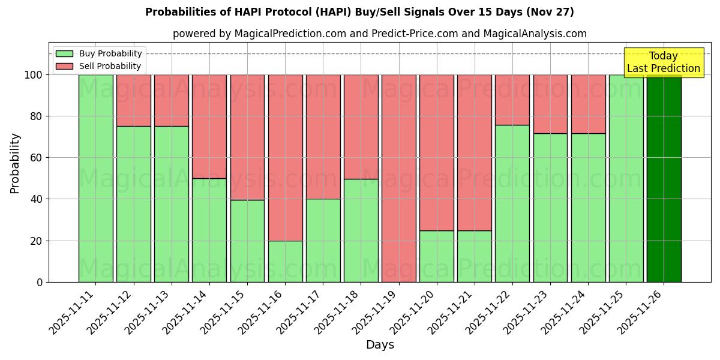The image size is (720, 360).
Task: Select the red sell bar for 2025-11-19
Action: click(398, 178)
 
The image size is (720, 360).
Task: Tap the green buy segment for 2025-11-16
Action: click(285, 261)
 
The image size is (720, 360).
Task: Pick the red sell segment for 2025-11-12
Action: click(133, 100)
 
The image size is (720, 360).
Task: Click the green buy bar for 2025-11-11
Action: click(95, 178)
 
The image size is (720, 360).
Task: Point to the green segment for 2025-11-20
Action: click(436, 256)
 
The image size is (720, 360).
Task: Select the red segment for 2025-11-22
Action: click(512, 100)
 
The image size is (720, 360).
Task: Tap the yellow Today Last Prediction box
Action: click(663, 62)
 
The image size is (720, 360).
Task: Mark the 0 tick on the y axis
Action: click(39, 282)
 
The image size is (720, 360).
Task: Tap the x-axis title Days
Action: click(380, 345)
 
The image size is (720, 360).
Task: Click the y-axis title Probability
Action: click(15, 163)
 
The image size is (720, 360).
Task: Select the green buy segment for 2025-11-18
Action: click(361, 230)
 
